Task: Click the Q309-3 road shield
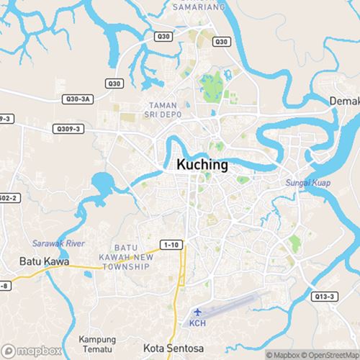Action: tap(68, 128)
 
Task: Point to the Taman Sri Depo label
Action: tap(165, 109)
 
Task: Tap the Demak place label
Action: tap(345, 101)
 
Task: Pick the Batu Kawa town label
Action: tap(45, 261)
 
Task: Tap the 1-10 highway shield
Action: tap(171, 246)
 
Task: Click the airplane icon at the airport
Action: tap(197, 312)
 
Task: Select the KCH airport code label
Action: tap(197, 323)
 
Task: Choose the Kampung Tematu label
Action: tap(97, 344)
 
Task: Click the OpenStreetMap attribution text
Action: tap(332, 355)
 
